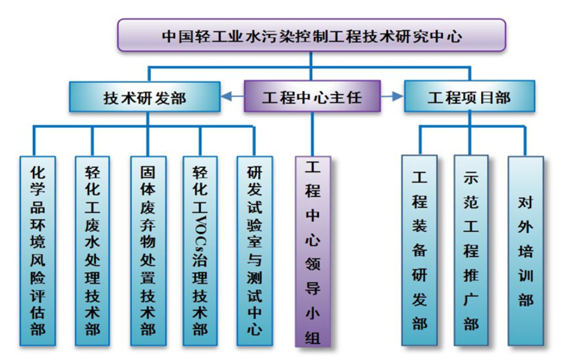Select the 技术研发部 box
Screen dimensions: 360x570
[145, 97]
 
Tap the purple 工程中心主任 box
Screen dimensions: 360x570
[312, 97]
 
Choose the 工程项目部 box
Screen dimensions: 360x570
[469, 97]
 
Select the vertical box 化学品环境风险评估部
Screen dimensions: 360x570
[38, 250]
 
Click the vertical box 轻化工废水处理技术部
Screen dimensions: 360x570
[93, 250]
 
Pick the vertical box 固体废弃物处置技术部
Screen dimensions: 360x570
[148, 250]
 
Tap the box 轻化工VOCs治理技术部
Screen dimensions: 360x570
[200, 250]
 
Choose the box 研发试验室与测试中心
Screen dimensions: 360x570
[255, 250]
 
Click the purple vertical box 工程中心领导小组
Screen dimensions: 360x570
[312, 251]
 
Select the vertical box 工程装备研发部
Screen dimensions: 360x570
[419, 250]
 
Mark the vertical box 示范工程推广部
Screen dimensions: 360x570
[471, 250]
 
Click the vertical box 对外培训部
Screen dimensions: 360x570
[526, 250]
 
